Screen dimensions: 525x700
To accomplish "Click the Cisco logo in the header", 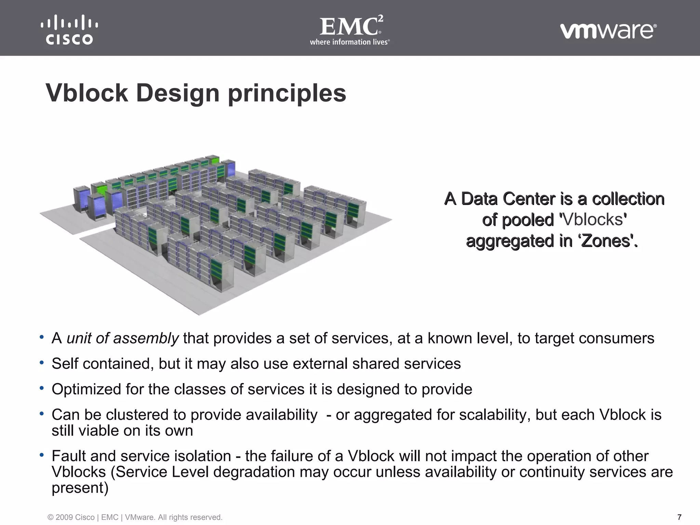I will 69,30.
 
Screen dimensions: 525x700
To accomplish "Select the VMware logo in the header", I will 608,31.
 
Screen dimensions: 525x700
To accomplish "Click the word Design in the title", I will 178,93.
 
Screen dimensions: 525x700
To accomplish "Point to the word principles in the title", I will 287,93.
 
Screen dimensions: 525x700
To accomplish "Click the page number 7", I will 679,517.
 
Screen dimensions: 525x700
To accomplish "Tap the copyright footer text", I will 135,517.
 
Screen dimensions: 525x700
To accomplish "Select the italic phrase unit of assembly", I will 122,338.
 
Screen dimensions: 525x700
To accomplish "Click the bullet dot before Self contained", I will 42,363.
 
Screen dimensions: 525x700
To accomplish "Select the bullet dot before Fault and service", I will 42,455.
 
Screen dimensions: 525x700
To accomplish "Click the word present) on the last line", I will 80,488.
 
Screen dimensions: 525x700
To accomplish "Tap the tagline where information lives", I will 350,42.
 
